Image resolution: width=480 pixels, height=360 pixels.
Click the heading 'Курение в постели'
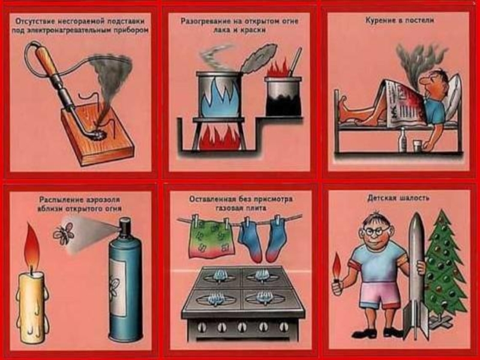click(x=400, y=20)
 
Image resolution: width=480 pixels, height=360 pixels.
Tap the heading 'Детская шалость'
click(x=398, y=198)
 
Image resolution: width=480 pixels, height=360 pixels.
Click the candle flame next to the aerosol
click(x=32, y=248)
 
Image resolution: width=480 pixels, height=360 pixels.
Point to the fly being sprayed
click(x=64, y=233)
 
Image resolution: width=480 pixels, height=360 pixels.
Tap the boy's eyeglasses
click(x=376, y=231)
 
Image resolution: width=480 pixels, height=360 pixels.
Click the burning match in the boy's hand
click(x=337, y=269)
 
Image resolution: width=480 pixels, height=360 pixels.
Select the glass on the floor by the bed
click(x=418, y=146)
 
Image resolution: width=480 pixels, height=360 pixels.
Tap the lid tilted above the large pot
click(x=260, y=58)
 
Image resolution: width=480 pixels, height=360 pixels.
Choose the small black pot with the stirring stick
click(x=283, y=96)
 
